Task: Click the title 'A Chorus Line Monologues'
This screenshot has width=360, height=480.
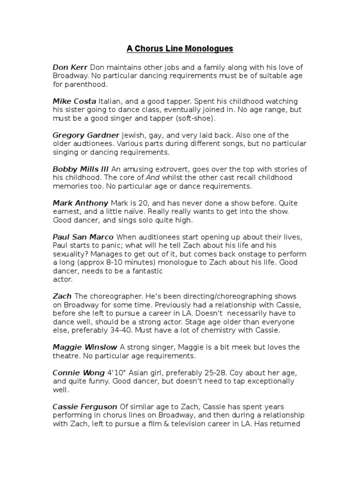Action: click(180, 49)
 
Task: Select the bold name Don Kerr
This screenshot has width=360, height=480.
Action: click(69, 67)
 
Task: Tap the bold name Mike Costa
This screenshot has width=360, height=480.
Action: click(74, 101)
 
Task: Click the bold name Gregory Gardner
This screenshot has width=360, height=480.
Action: click(86, 135)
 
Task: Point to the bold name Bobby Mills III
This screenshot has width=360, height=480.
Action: click(81, 169)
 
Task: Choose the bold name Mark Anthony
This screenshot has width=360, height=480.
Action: click(80, 203)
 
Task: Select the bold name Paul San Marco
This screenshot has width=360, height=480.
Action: click(83, 237)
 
